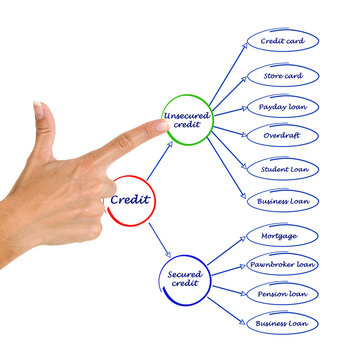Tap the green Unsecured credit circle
click(186, 119)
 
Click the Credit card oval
click(282, 42)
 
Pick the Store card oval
click(282, 75)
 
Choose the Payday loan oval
click(282, 107)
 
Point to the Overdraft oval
click(282, 135)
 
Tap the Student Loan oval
click(282, 167)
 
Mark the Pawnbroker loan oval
click(282, 265)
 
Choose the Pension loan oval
click(282, 294)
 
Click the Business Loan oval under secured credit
click(282, 322)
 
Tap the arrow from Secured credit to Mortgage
click(228, 249)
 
